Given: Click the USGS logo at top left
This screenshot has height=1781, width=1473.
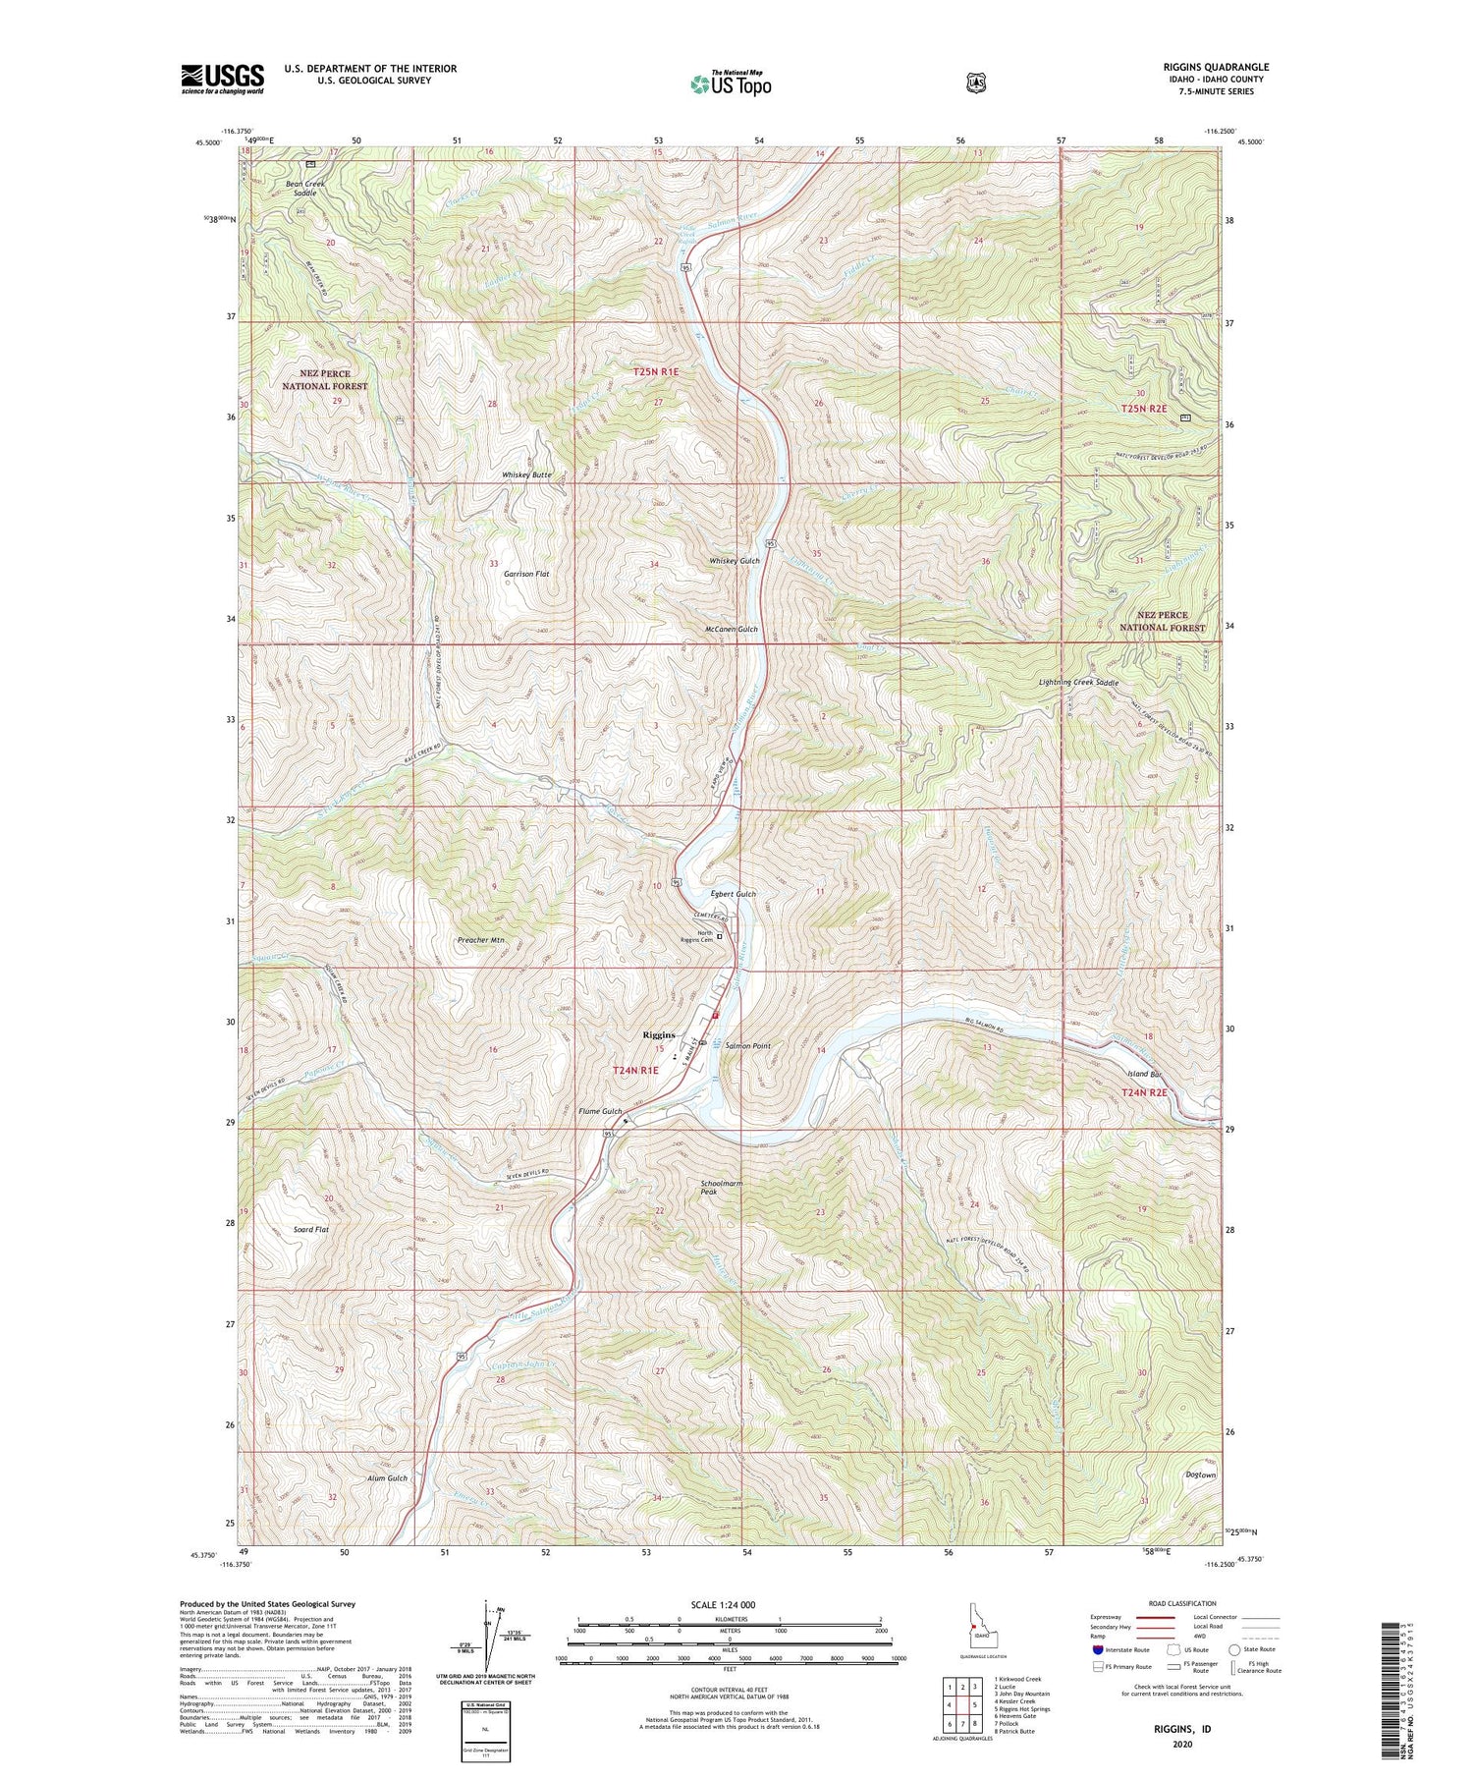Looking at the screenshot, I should [x=222, y=79].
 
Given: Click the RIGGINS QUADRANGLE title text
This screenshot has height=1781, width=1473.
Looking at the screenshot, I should [x=1215, y=67].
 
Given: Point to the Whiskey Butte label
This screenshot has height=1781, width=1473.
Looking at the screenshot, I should [x=526, y=474].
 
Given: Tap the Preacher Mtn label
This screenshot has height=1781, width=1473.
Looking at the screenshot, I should [x=481, y=940].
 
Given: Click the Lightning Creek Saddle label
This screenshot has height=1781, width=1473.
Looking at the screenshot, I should [x=1078, y=683].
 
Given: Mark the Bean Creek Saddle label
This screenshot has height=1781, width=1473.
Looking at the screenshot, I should [x=304, y=189].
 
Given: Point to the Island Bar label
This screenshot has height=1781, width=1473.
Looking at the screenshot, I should [x=1145, y=1074].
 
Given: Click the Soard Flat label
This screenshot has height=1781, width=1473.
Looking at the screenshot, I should [x=311, y=1229].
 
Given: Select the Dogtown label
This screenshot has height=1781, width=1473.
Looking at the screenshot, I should [x=1200, y=1475].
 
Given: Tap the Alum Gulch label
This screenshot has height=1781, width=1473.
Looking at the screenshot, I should [x=387, y=1478].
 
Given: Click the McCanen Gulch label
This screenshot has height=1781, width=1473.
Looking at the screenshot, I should [x=732, y=629].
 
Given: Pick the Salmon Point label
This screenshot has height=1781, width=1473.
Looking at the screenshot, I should [x=747, y=1046].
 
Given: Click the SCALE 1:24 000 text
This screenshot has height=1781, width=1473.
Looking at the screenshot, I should [x=723, y=1604].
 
